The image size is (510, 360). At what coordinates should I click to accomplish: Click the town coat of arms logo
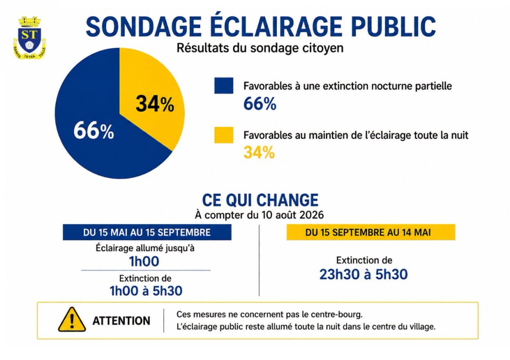coord(29,38)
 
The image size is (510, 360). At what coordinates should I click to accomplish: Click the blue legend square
coord(224,86)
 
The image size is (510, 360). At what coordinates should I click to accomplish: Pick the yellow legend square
coord(224,135)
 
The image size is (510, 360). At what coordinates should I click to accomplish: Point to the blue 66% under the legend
coord(260,104)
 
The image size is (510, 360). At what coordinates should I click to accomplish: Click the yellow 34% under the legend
coord(259,152)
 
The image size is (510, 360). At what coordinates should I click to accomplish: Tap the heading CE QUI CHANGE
coord(260,200)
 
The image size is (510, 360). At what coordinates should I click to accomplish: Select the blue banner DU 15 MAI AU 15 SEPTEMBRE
coord(147,232)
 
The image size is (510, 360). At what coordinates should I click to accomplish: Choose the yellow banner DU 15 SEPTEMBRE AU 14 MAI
coord(371,232)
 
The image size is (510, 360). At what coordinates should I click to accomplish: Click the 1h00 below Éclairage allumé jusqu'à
coord(144,261)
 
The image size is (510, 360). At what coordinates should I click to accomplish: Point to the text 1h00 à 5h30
coord(146,291)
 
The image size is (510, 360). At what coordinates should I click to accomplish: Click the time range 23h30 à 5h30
coord(363,274)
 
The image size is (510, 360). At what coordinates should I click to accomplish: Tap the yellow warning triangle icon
coord(72,320)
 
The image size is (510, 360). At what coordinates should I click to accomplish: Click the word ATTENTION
coord(122,321)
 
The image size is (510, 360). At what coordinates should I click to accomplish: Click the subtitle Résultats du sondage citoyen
coord(260,48)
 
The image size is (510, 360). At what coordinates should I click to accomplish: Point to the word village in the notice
coord(421,327)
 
